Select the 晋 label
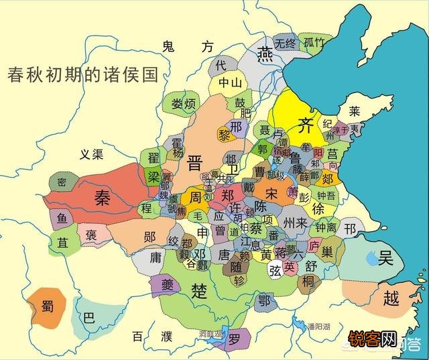pos(196,163)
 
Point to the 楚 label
pos(199,290)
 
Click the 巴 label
pos(88,317)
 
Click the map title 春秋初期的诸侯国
pos(82,74)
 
